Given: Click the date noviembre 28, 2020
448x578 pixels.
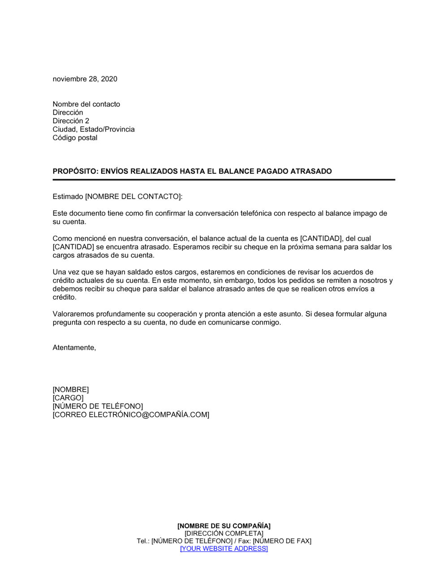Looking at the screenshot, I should pos(85,79).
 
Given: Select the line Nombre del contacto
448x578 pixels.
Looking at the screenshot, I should pos(86,104).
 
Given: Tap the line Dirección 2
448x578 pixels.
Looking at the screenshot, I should pos(71,121).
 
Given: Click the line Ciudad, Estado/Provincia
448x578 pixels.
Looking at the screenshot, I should pos(93,129).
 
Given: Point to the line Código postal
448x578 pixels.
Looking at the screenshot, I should pos(75,138).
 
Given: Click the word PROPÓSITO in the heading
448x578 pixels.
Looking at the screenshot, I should pos(74,171).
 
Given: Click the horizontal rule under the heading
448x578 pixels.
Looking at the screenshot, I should pos(224,180).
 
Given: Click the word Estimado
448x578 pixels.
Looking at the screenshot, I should pos(68,197).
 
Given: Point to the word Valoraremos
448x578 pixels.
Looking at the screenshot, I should pos(73,314).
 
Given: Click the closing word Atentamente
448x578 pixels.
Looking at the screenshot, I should pos(74,348).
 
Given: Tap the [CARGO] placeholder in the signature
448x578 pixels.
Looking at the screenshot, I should pos(68,398).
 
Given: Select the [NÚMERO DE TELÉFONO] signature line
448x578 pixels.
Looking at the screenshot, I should pos(98,406).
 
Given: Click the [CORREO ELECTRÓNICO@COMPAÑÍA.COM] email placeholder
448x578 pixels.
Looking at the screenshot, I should pos(131,415).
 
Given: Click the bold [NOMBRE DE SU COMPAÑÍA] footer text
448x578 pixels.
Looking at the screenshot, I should pos(224,526).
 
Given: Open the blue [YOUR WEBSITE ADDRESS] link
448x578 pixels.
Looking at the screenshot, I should pos(224,549).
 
